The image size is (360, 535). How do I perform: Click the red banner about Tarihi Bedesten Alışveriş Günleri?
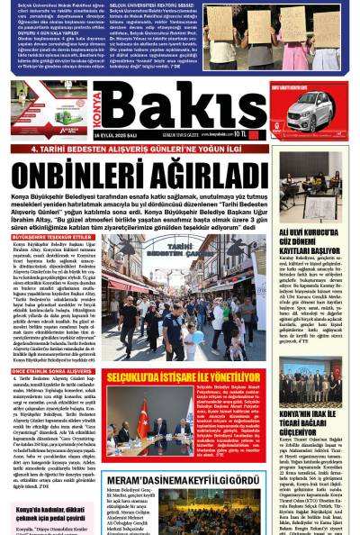coord(135,148)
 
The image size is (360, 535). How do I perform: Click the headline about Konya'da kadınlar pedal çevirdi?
coord(49,514)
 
